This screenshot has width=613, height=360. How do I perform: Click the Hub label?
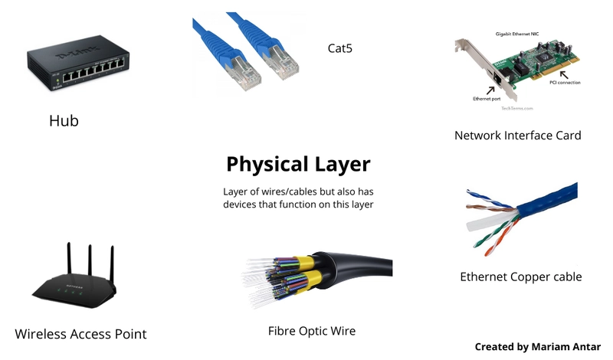pos(64,121)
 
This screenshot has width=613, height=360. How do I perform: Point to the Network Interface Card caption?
pos(517,136)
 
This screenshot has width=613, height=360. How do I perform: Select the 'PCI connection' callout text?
pos(565,82)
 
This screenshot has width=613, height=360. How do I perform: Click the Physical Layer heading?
pos(298,164)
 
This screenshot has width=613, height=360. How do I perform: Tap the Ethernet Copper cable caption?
pos(520,277)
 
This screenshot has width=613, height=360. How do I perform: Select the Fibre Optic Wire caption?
pos(312,331)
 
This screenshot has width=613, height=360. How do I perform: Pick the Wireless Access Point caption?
pos(80,334)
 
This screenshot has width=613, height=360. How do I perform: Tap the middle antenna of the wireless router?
pos(90,260)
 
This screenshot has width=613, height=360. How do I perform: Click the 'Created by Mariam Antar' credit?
pos(537,347)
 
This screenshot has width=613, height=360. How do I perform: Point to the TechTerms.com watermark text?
pos(516,109)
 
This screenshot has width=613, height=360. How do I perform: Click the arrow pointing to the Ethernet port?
pos(491,90)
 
